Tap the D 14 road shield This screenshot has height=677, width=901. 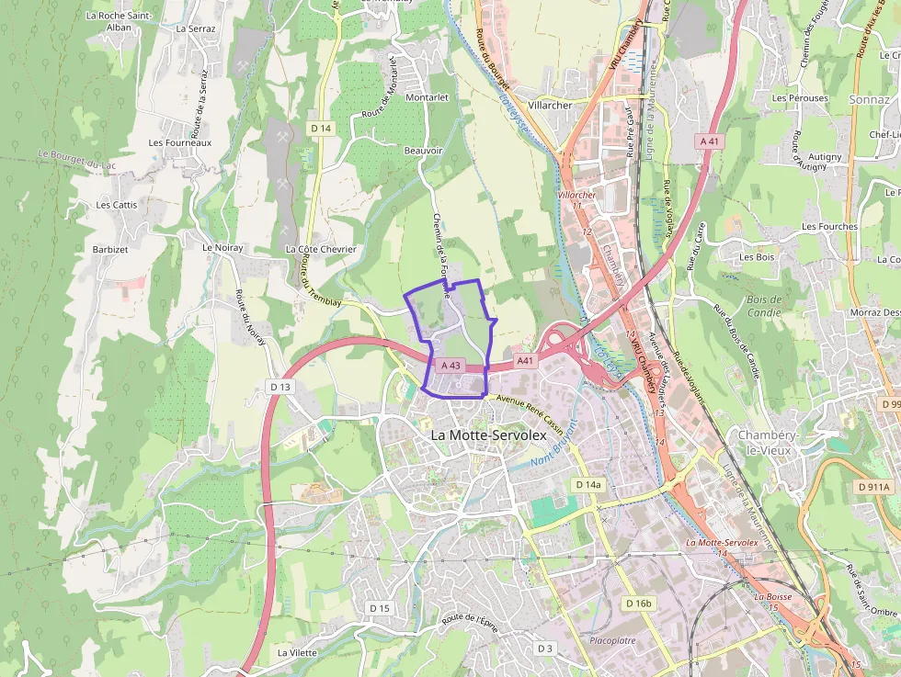tap(320, 128)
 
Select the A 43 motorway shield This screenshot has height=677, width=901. tap(450, 365)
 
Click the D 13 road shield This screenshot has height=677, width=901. tap(280, 387)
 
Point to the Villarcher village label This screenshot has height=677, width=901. tap(551, 105)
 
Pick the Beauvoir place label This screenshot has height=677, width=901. tap(423, 151)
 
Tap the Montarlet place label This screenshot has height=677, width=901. tap(427, 96)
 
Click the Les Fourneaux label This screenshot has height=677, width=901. tap(180, 142)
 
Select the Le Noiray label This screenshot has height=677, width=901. tap(222, 247)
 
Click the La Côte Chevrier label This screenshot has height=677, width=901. tap(320, 249)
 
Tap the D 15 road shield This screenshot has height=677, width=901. tap(380, 608)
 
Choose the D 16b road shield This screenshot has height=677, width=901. tap(637, 604)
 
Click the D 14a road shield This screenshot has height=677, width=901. tap(587, 484)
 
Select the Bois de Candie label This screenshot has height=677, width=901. tap(764, 306)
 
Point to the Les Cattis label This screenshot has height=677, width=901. tap(117, 205)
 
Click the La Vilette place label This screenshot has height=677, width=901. tap(297, 652)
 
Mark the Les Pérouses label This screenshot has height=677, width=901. tap(800, 98)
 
